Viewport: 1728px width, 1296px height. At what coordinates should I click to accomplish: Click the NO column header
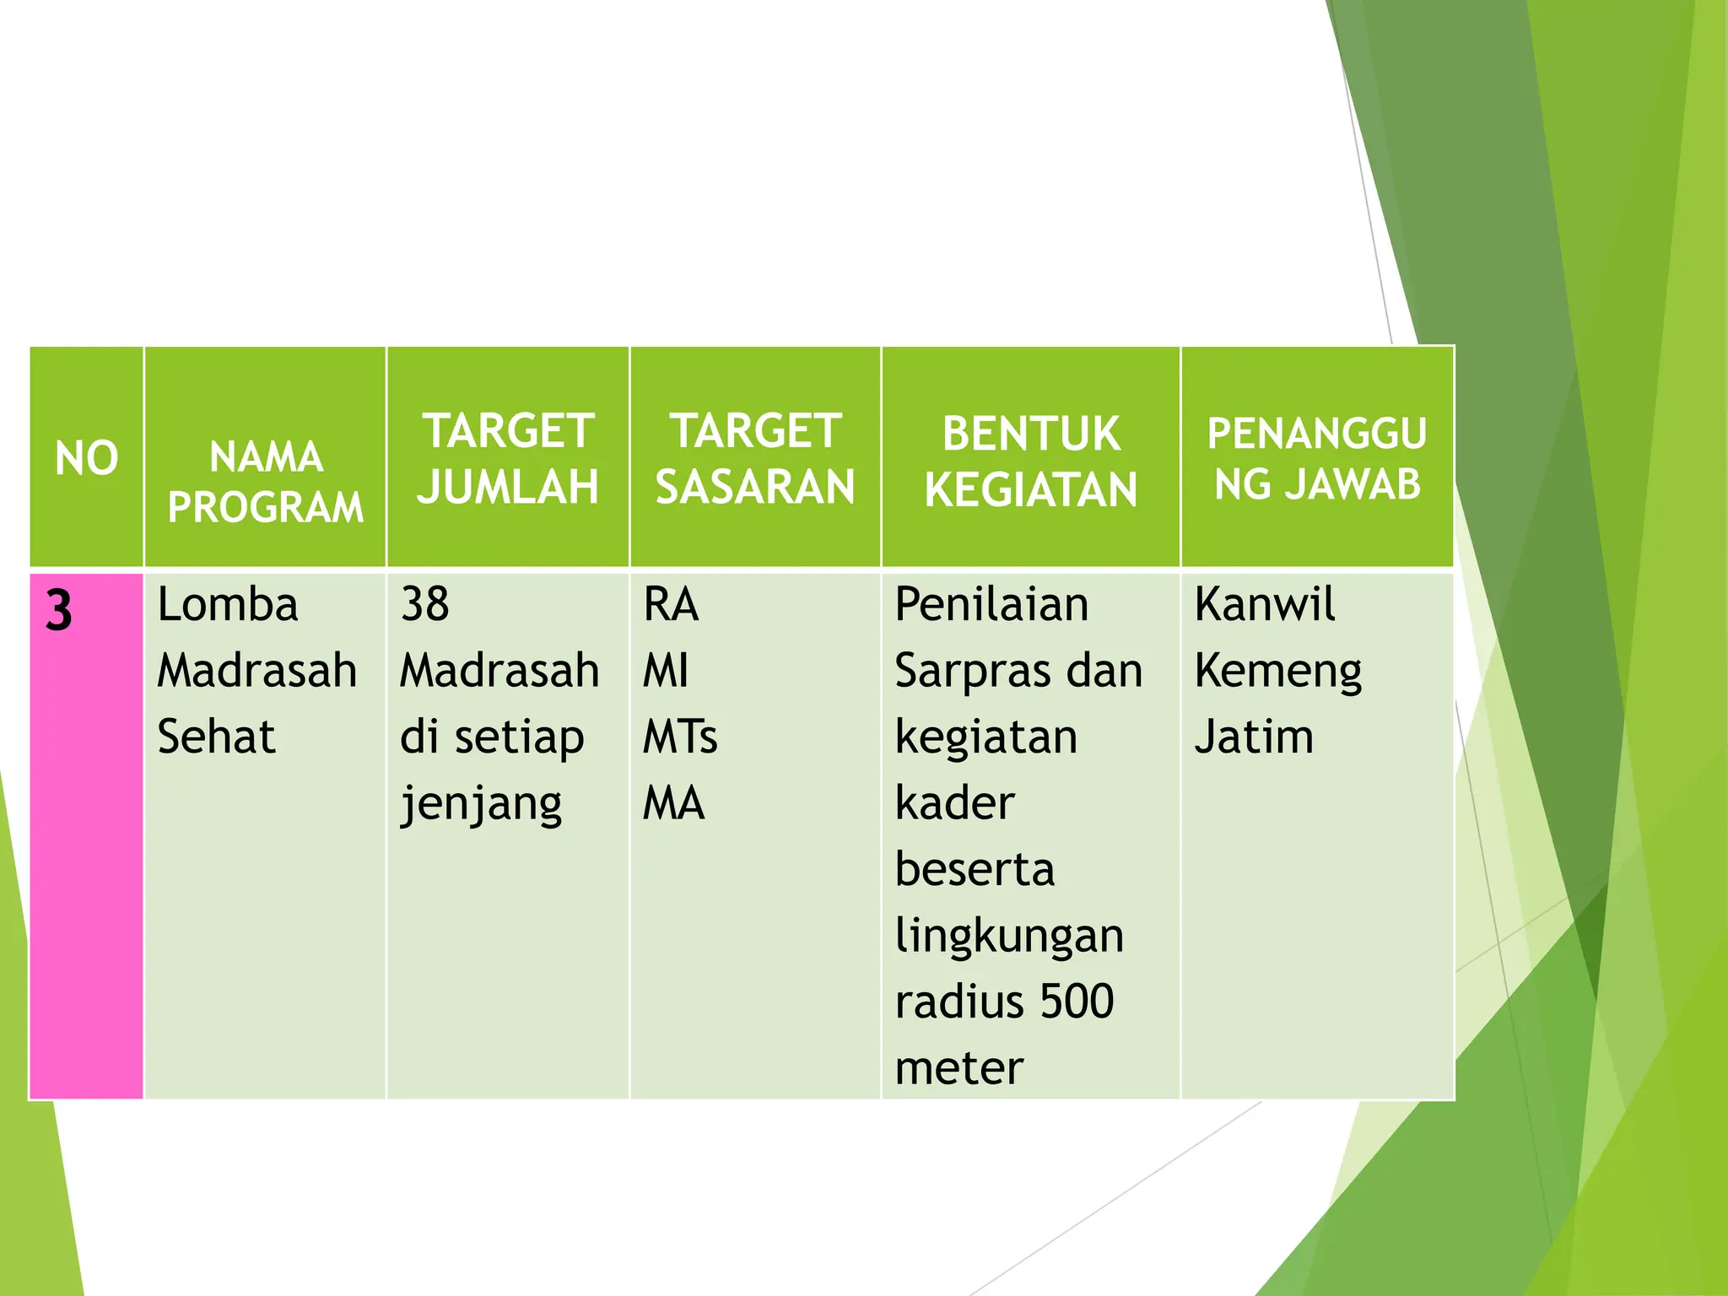86,458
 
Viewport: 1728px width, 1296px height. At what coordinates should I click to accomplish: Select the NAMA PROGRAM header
266,482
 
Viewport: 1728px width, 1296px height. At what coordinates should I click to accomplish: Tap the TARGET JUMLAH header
508,459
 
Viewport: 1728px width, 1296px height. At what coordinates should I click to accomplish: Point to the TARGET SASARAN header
755,459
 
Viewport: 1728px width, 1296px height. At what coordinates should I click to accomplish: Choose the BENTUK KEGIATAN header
1030,462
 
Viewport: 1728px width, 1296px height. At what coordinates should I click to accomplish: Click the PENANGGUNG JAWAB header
1317,459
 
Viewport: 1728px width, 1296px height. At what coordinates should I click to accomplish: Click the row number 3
59,610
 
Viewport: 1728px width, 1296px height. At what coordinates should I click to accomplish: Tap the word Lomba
228,605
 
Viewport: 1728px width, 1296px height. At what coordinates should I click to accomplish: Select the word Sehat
216,737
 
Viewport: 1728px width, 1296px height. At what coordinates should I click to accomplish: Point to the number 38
424,605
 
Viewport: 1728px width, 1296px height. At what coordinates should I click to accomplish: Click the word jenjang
481,804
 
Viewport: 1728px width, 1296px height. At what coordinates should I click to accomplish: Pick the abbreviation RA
671,605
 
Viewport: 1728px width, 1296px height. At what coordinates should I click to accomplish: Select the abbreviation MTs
680,737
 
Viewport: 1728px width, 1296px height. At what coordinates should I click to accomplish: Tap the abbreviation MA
673,803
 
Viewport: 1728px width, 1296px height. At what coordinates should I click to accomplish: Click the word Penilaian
991,605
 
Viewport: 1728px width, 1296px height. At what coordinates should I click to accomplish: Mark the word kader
954,803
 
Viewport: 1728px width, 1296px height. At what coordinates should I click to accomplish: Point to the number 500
1077,1002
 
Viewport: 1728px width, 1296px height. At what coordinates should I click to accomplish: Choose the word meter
958,1068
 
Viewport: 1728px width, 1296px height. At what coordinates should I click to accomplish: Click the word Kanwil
1265,605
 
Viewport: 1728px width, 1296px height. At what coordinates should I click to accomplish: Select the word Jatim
1254,737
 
